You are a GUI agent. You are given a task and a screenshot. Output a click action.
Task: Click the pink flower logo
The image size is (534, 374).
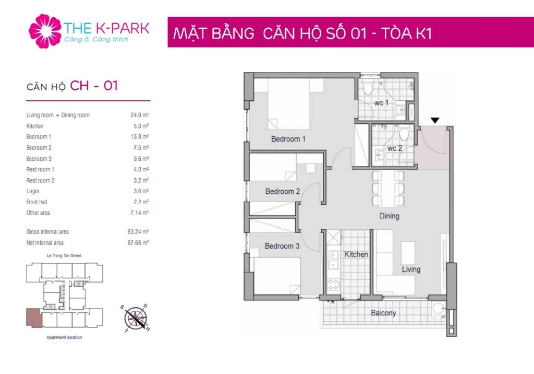click(45, 31)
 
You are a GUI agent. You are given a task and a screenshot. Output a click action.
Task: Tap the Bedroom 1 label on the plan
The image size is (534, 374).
click(288, 139)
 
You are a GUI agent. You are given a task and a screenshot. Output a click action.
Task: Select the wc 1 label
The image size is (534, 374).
click(381, 103)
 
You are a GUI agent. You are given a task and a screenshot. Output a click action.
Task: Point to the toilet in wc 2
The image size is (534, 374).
click(404, 133)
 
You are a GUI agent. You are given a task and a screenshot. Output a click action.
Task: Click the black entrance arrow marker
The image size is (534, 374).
click(435, 121)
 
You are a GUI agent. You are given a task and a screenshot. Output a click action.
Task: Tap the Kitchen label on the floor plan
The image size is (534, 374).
click(356, 254)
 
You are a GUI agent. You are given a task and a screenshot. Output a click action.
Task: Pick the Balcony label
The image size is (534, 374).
click(383, 313)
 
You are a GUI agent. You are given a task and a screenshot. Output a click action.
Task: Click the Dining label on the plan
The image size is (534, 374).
click(389, 216)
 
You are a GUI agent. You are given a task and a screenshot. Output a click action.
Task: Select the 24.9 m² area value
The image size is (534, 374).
click(140, 115)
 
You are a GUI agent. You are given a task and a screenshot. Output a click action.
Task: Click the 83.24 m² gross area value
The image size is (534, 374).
click(138, 232)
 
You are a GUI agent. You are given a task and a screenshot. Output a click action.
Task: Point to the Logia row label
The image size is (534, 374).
click(33, 191)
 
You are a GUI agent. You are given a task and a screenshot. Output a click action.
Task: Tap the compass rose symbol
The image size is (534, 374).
click(136, 319)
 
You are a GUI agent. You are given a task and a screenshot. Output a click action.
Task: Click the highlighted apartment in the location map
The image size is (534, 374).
click(34, 318)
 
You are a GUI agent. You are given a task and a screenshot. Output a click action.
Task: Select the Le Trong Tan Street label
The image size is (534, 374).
click(64, 255)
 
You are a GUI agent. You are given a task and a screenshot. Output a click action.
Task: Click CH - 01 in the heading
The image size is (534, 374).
click(94, 86)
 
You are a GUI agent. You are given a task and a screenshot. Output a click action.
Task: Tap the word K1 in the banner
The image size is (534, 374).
click(422, 33)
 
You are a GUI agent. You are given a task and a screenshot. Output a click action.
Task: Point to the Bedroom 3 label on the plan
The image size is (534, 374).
click(282, 246)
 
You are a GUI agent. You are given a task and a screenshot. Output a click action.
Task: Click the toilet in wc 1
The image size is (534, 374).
click(368, 87)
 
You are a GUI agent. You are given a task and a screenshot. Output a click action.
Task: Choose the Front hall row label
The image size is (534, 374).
click(37, 202)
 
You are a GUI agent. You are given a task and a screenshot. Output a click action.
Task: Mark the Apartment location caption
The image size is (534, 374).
click(64, 337)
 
